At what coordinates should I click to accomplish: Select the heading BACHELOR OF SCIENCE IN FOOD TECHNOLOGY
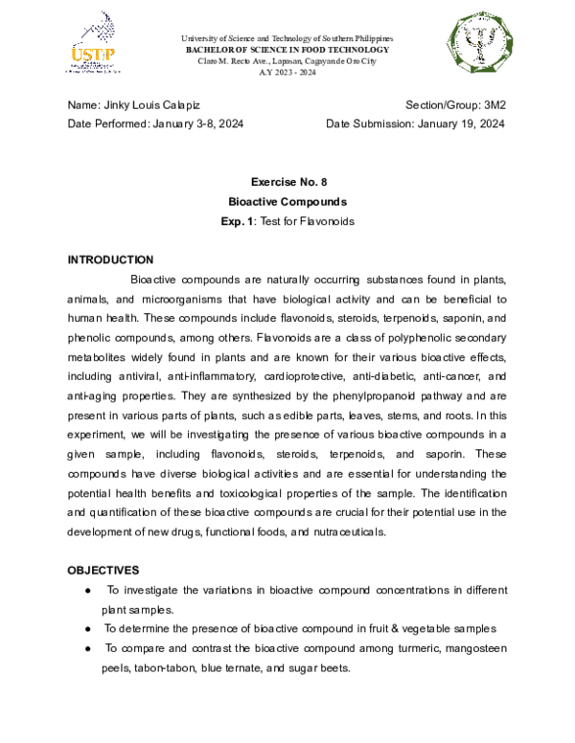pyautogui.click(x=287, y=49)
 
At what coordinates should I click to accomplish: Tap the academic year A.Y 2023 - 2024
pyautogui.click(x=287, y=73)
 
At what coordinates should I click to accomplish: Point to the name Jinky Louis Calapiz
pyautogui.click(x=152, y=103)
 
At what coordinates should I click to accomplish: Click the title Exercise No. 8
pyautogui.click(x=287, y=182)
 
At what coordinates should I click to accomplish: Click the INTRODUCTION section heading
pyautogui.click(x=110, y=259)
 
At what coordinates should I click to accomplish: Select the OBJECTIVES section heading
pyautogui.click(x=103, y=570)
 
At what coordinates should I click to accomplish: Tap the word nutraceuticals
pyautogui.click(x=338, y=531)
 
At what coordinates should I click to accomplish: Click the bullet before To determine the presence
pyautogui.click(x=88, y=629)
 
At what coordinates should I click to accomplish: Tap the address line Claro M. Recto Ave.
pyautogui.click(x=287, y=60)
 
